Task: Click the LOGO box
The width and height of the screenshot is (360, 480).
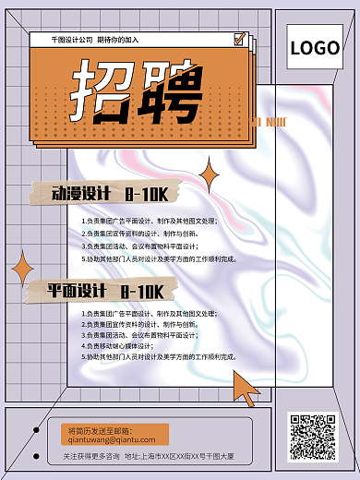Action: [315, 48]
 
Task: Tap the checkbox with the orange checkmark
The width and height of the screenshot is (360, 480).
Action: [240, 40]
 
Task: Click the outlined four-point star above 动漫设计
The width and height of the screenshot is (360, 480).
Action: [210, 174]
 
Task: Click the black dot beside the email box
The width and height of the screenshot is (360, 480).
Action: [36, 429]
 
